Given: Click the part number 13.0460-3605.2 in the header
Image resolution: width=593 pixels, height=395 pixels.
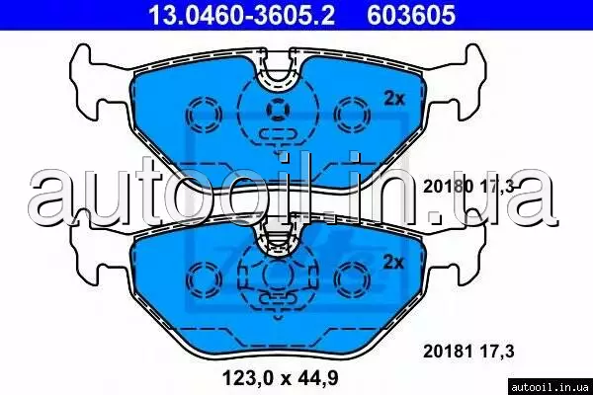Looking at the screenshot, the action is point(241,16).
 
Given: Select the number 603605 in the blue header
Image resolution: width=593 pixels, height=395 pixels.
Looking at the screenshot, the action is point(411,16).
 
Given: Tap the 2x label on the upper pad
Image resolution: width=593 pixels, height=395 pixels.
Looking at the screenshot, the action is point(394,99).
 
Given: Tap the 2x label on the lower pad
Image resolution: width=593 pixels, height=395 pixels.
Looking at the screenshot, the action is point(393,262).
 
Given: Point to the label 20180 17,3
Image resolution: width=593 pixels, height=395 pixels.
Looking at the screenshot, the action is point(468,187).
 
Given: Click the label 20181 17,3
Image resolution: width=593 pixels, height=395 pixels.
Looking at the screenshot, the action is point(468,352).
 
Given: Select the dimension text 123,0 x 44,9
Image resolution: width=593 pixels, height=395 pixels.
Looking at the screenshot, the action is point(281,377).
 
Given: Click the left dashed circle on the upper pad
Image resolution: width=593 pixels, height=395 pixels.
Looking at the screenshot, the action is point(204,115).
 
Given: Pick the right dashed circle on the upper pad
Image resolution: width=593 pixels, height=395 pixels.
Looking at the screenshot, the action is point(353,115).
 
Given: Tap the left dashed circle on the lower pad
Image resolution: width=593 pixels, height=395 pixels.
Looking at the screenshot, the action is point(205,278).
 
